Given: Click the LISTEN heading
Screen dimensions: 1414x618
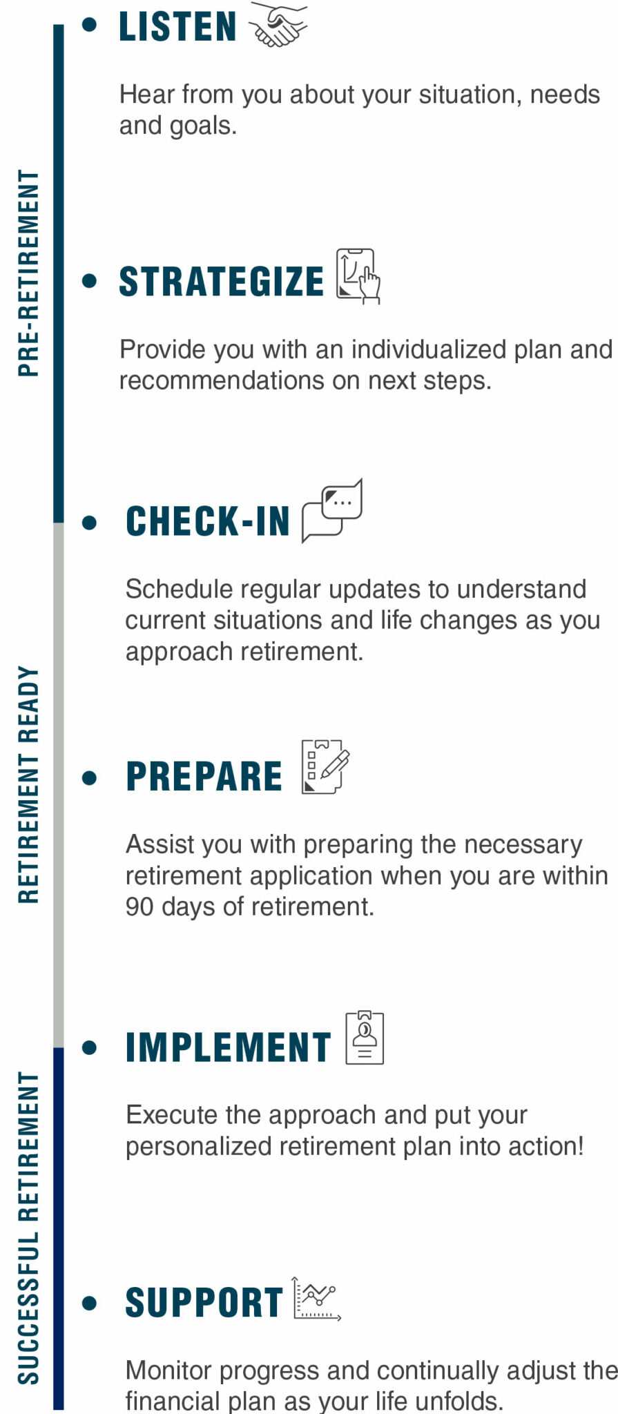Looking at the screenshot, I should click(177, 27).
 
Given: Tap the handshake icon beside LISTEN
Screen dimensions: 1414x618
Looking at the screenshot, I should click(278, 25).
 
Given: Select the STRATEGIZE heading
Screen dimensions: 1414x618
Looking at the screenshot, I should click(221, 282).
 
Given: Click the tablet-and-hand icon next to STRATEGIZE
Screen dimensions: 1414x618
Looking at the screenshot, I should click(358, 276).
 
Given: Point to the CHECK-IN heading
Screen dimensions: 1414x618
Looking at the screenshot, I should click(207, 521).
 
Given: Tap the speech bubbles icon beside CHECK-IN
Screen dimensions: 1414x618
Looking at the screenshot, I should click(332, 511).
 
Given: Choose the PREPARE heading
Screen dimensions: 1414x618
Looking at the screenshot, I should click(204, 777).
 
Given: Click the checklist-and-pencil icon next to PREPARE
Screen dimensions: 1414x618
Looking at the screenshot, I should click(325, 767).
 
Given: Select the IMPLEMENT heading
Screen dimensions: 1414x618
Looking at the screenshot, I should click(228, 1047).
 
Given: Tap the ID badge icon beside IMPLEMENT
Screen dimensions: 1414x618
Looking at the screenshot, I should click(365, 1038).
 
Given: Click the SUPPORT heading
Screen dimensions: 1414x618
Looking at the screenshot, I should click(204, 1303).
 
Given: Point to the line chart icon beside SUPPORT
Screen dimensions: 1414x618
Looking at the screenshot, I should click(316, 1299).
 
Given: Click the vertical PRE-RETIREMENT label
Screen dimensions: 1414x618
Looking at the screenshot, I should click(28, 273).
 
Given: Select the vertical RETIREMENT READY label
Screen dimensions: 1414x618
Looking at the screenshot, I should click(28, 784).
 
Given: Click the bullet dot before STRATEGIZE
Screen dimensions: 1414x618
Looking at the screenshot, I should click(89, 281).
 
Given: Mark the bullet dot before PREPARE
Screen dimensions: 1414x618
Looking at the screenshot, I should click(89, 778).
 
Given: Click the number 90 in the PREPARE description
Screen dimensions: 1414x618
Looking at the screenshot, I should click(139, 907).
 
